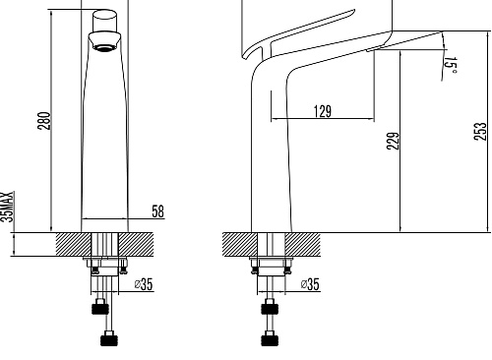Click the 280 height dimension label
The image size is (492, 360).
[x=45, y=121]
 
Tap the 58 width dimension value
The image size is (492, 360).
[x=157, y=211]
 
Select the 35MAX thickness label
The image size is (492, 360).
[x=7, y=207]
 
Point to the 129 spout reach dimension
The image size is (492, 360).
[x=323, y=111]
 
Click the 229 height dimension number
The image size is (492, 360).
[x=393, y=141]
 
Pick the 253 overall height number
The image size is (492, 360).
[x=480, y=131]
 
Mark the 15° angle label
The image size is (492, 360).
[x=451, y=65]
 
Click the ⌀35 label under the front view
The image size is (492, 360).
[x=144, y=284]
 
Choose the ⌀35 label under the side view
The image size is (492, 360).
[x=310, y=284]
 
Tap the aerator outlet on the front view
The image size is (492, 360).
[x=105, y=48]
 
